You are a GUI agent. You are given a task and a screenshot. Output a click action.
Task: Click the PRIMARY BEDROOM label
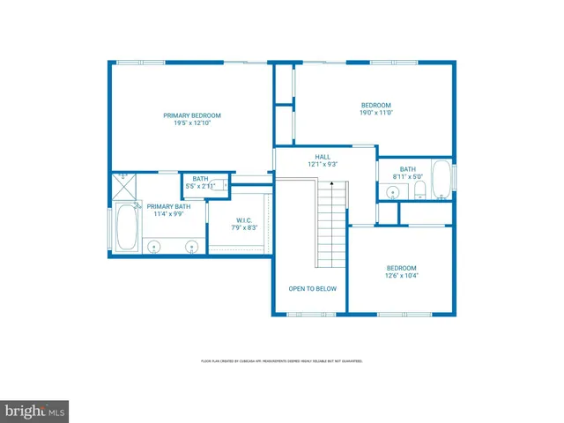pos(191,115)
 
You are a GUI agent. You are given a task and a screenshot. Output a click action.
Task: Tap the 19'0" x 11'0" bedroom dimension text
pos(375,113)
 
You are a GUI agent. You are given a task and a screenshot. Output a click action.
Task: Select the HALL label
pos(323,157)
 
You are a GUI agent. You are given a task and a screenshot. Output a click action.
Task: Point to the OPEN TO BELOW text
pos(312,288)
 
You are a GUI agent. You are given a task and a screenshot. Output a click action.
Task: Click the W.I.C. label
pos(244,220)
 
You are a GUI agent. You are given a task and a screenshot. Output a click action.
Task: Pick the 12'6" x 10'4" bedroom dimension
pos(401,276)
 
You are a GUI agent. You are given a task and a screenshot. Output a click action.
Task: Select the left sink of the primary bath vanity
pos(153,246)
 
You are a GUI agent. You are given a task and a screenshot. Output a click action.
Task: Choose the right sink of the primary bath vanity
pos(191,246)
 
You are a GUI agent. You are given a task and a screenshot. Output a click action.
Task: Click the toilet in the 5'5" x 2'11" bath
pos(221,185)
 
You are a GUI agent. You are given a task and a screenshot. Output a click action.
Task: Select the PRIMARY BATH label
pos(167,206)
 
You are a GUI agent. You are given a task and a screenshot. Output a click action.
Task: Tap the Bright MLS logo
pos(35,412)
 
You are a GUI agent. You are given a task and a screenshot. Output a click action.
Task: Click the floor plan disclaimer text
pos(282,361)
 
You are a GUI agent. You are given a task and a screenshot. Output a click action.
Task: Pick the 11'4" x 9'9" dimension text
pos(167,214)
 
